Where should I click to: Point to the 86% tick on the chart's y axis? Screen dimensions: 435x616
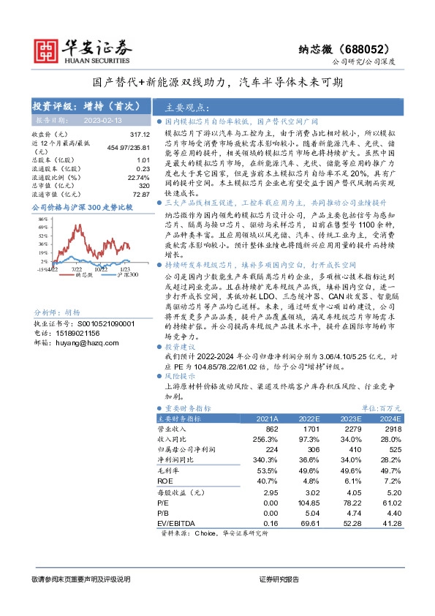click(x=42, y=219)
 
